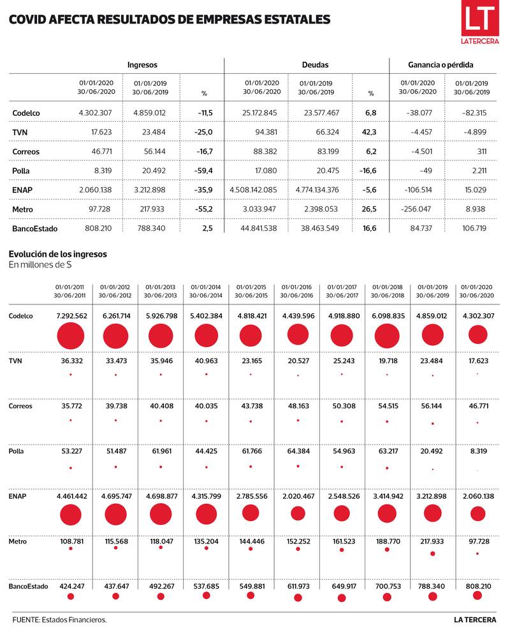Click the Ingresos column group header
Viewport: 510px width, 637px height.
pos(142,65)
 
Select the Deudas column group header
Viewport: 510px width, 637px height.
pos(315,65)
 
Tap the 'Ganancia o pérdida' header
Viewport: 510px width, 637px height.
pos(441,65)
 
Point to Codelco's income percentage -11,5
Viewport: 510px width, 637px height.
pos(205,113)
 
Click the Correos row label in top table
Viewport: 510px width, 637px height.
pos(25,152)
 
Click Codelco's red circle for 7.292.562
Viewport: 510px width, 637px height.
pos(70,336)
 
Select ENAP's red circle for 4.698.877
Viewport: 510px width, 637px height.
pos(161,515)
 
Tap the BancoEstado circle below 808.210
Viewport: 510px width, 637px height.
pos(477,595)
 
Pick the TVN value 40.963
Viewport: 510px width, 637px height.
pos(206,361)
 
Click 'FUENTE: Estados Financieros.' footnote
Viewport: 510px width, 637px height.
pos(59,620)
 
